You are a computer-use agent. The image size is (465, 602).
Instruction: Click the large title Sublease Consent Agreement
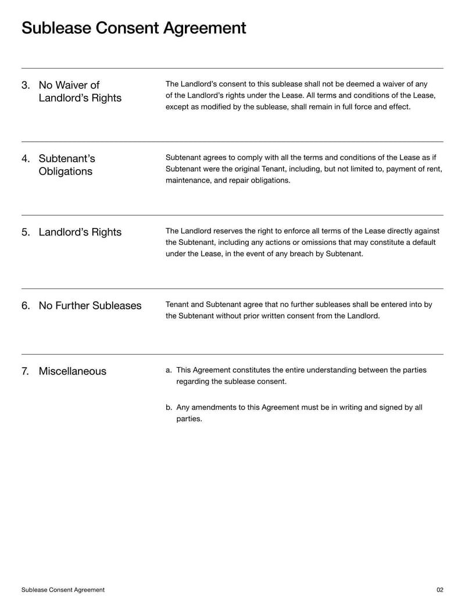coord(134,28)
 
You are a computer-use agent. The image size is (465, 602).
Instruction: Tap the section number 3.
coord(26,86)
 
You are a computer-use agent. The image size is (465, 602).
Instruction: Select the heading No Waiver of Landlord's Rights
coord(80,92)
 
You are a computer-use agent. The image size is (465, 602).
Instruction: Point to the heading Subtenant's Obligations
coord(66,165)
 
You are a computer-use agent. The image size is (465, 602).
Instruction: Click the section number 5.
coord(26,232)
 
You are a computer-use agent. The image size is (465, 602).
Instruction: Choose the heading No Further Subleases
coord(90,306)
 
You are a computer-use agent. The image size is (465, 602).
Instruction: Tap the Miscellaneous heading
coord(72,371)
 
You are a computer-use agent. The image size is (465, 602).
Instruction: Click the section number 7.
coord(26,371)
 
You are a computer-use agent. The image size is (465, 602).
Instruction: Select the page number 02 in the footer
coord(439,590)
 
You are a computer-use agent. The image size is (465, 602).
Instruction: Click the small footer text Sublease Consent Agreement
coord(63,590)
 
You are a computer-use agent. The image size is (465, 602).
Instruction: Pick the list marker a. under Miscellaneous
coord(169,370)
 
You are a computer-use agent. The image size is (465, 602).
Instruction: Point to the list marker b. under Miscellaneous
coord(169,407)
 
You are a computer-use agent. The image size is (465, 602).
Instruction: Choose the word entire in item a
coord(294,370)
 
